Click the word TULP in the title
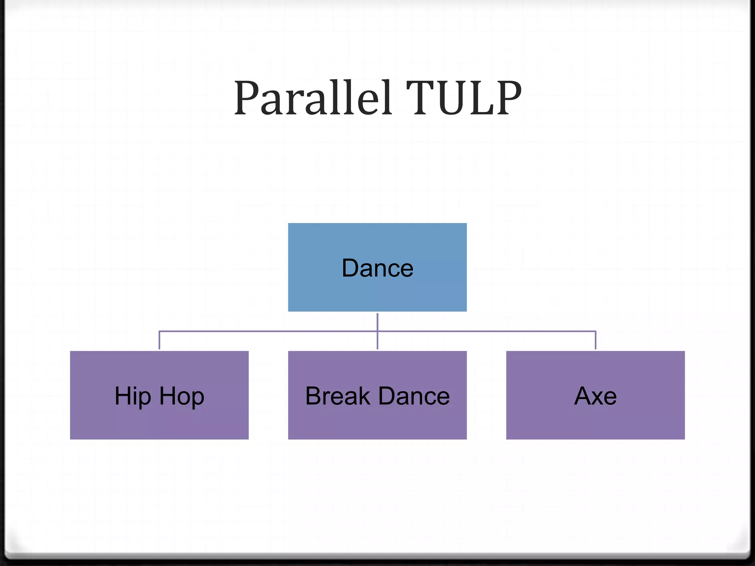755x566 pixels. [464, 98]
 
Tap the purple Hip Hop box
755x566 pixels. [159, 420]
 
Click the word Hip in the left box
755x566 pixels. [133, 396]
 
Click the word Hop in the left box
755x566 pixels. [181, 396]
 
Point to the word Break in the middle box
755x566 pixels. [337, 396]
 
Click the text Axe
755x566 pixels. [595, 396]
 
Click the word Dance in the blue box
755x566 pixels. [377, 268]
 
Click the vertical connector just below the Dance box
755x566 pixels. [377, 321]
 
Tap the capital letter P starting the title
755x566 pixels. [246, 98]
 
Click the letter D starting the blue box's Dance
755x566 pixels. [350, 268]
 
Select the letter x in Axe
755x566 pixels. [596, 397]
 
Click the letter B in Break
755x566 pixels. [313, 396]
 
